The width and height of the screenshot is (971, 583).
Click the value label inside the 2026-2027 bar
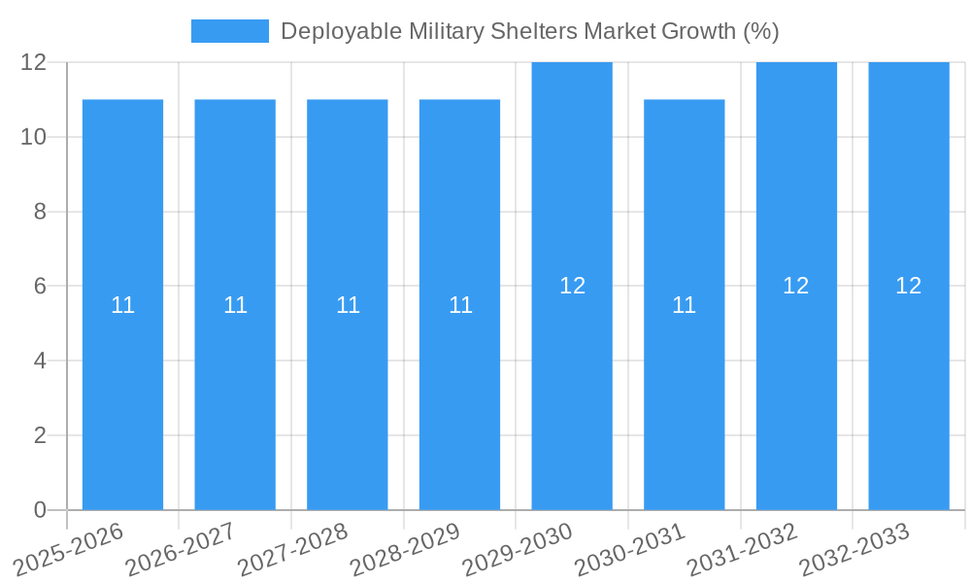235,305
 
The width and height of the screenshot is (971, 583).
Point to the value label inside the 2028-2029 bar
460,305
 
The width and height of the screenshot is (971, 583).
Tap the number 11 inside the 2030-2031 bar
685,305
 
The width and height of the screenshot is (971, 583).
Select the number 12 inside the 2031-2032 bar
796,286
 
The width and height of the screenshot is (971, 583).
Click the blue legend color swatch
230,31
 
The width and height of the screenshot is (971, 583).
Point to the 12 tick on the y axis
34,62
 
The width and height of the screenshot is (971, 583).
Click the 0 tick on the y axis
40,510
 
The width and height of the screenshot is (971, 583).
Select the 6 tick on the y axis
40,287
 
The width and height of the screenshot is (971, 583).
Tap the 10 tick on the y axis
34,137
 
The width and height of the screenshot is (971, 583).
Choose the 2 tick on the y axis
40,435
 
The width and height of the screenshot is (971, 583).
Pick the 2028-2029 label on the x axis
408,549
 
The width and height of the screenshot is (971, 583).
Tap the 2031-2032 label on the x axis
745,549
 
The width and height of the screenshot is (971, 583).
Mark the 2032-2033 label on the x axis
856,549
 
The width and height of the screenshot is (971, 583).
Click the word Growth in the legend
698,31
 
